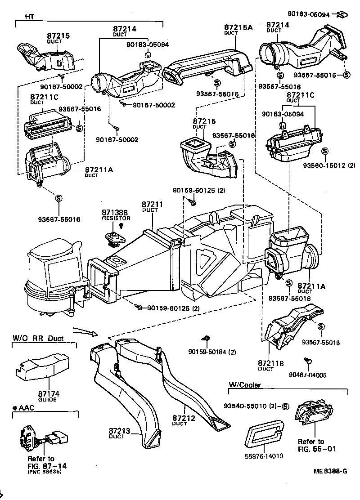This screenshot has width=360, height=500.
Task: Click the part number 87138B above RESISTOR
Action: [115, 212]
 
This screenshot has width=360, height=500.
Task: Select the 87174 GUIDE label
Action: [49, 397]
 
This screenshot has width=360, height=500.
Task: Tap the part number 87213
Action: [119, 431]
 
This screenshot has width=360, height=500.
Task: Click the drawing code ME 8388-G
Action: [331, 472]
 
